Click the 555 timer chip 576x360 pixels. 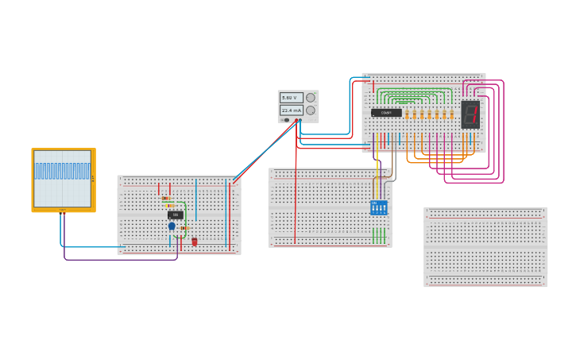pos(176,215)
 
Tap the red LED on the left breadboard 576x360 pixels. pos(195,242)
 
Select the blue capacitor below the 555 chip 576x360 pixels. pos(172,226)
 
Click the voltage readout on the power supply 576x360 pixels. pos(291,98)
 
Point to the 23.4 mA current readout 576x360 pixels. pos(291,110)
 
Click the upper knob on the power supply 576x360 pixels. pos(311,98)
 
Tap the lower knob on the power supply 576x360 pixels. pos(311,110)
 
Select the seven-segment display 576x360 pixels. pos(470,114)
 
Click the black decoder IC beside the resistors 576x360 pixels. pos(386,113)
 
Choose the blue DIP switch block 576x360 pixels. pos(379,207)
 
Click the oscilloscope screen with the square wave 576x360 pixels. pos(62,178)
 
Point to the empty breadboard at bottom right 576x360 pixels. pos(485,246)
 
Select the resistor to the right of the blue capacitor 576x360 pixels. pos(184,228)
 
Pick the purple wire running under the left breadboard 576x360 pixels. pos(119,259)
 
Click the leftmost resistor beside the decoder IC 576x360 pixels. pos(407,114)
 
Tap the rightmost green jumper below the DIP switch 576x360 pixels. pos(385,235)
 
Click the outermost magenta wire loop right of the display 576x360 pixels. pos(504,131)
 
